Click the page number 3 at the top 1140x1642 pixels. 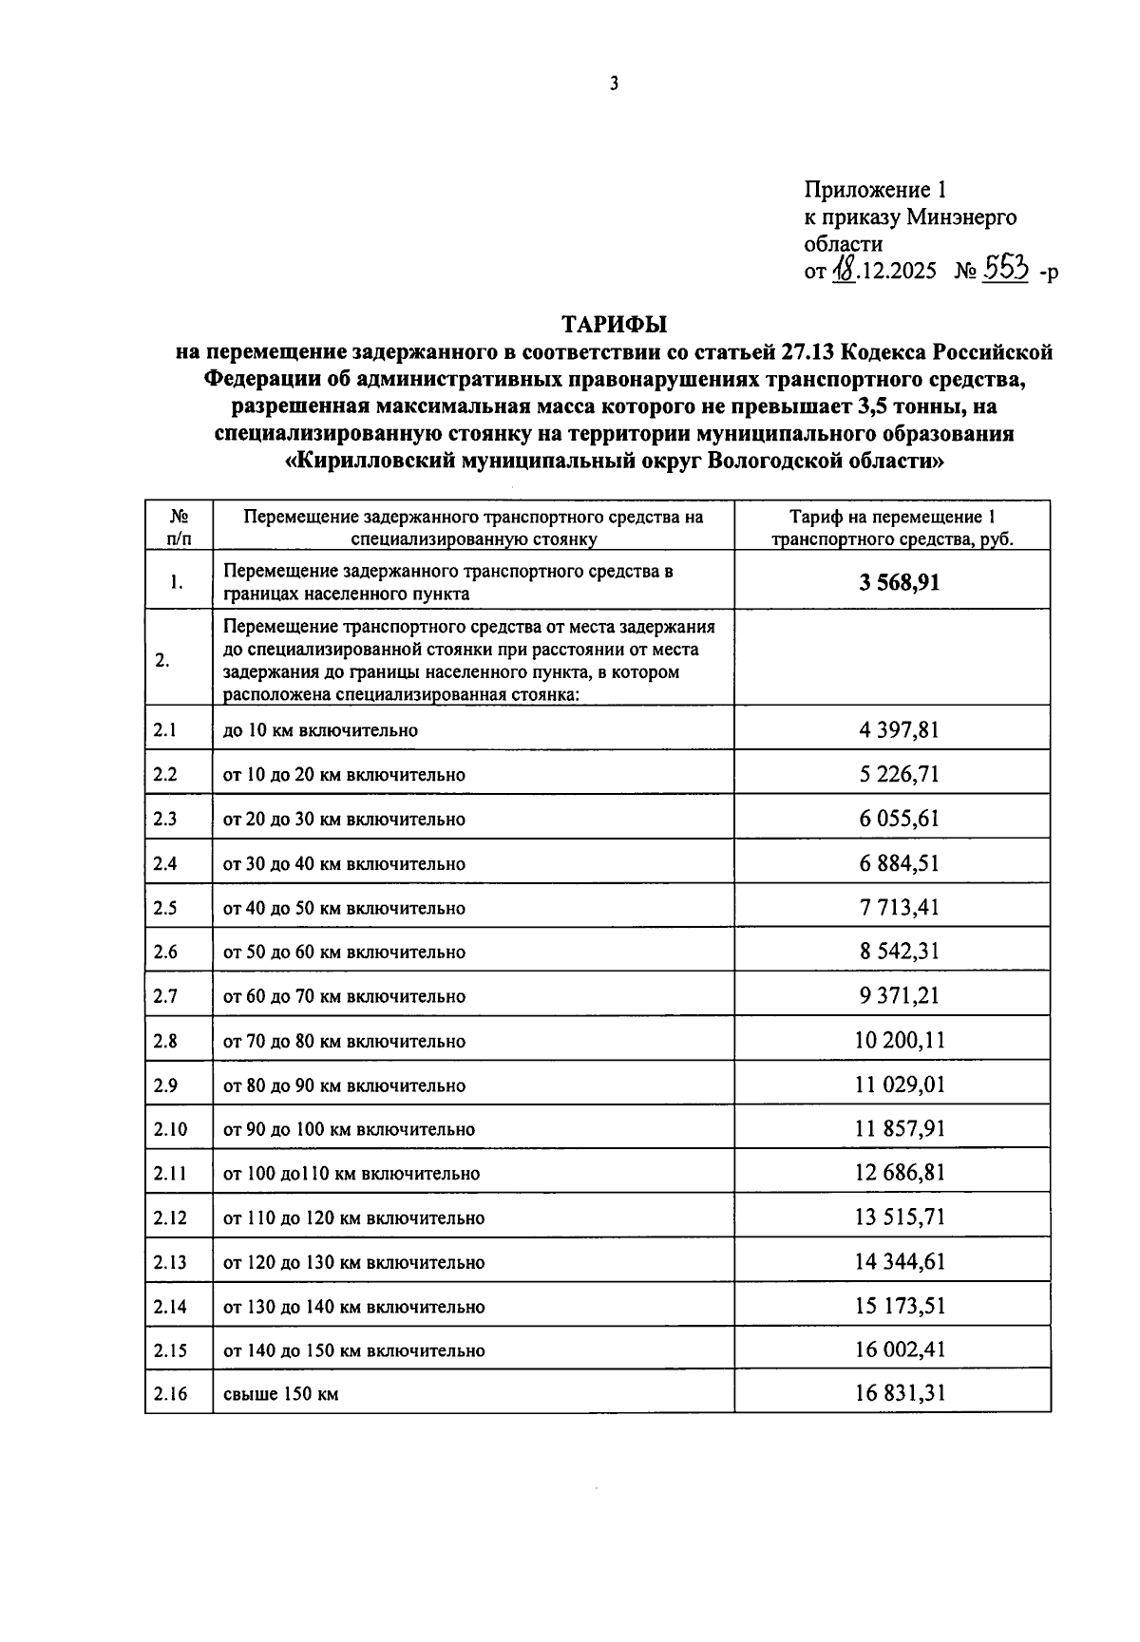(x=614, y=84)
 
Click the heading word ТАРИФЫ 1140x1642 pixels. (x=614, y=324)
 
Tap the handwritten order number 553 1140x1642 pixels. (x=1005, y=270)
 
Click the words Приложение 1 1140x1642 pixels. (x=876, y=189)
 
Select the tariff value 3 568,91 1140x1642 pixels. (x=900, y=581)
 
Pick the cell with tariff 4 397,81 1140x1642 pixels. (x=899, y=729)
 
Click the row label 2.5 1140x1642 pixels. (x=165, y=908)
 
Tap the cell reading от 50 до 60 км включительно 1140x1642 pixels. (x=344, y=952)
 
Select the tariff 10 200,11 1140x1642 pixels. (x=899, y=1040)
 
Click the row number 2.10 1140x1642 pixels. (x=170, y=1129)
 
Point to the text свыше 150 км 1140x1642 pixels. (x=280, y=1394)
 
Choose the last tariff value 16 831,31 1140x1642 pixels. (x=899, y=1393)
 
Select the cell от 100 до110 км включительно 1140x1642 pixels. (x=351, y=1173)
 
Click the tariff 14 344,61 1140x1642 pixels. (x=899, y=1261)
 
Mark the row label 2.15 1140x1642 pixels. (x=170, y=1350)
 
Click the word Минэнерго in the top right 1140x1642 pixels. (x=960, y=217)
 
